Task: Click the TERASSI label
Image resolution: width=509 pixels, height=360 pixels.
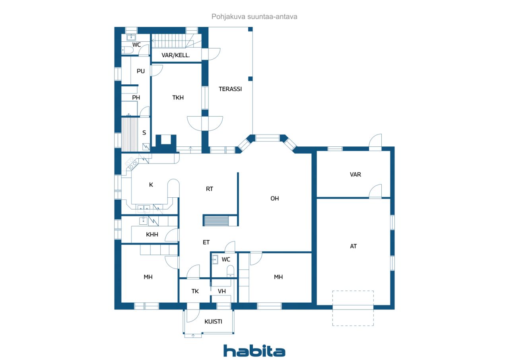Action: (x=230, y=89)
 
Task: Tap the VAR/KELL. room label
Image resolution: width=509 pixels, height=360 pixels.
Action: (x=176, y=55)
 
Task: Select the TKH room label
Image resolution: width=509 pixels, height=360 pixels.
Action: (x=178, y=97)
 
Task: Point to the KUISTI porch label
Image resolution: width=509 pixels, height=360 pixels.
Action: (x=213, y=321)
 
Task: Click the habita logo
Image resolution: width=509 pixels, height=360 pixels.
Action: (x=254, y=351)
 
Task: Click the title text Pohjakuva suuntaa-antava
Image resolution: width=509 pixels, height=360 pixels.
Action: (x=254, y=17)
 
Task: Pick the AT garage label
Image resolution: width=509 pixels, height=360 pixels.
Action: (x=354, y=246)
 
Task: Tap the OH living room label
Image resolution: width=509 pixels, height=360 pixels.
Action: (x=274, y=198)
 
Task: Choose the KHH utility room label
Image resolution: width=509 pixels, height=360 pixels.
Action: (x=152, y=234)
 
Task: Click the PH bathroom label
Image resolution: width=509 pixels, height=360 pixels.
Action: (x=136, y=97)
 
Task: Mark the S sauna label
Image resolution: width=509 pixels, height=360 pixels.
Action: (x=144, y=133)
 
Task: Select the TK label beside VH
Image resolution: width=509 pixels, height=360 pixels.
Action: (x=195, y=291)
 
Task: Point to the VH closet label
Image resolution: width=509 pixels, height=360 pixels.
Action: (x=222, y=291)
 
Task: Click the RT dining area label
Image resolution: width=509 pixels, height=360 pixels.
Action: (x=210, y=189)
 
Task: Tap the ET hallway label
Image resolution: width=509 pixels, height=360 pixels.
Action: (x=206, y=242)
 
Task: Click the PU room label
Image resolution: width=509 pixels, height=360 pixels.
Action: (x=141, y=71)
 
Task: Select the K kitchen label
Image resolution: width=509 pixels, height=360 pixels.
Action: (x=151, y=185)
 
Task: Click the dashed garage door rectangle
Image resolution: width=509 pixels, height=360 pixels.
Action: (x=353, y=308)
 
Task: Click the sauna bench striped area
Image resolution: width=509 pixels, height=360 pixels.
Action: (x=130, y=134)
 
